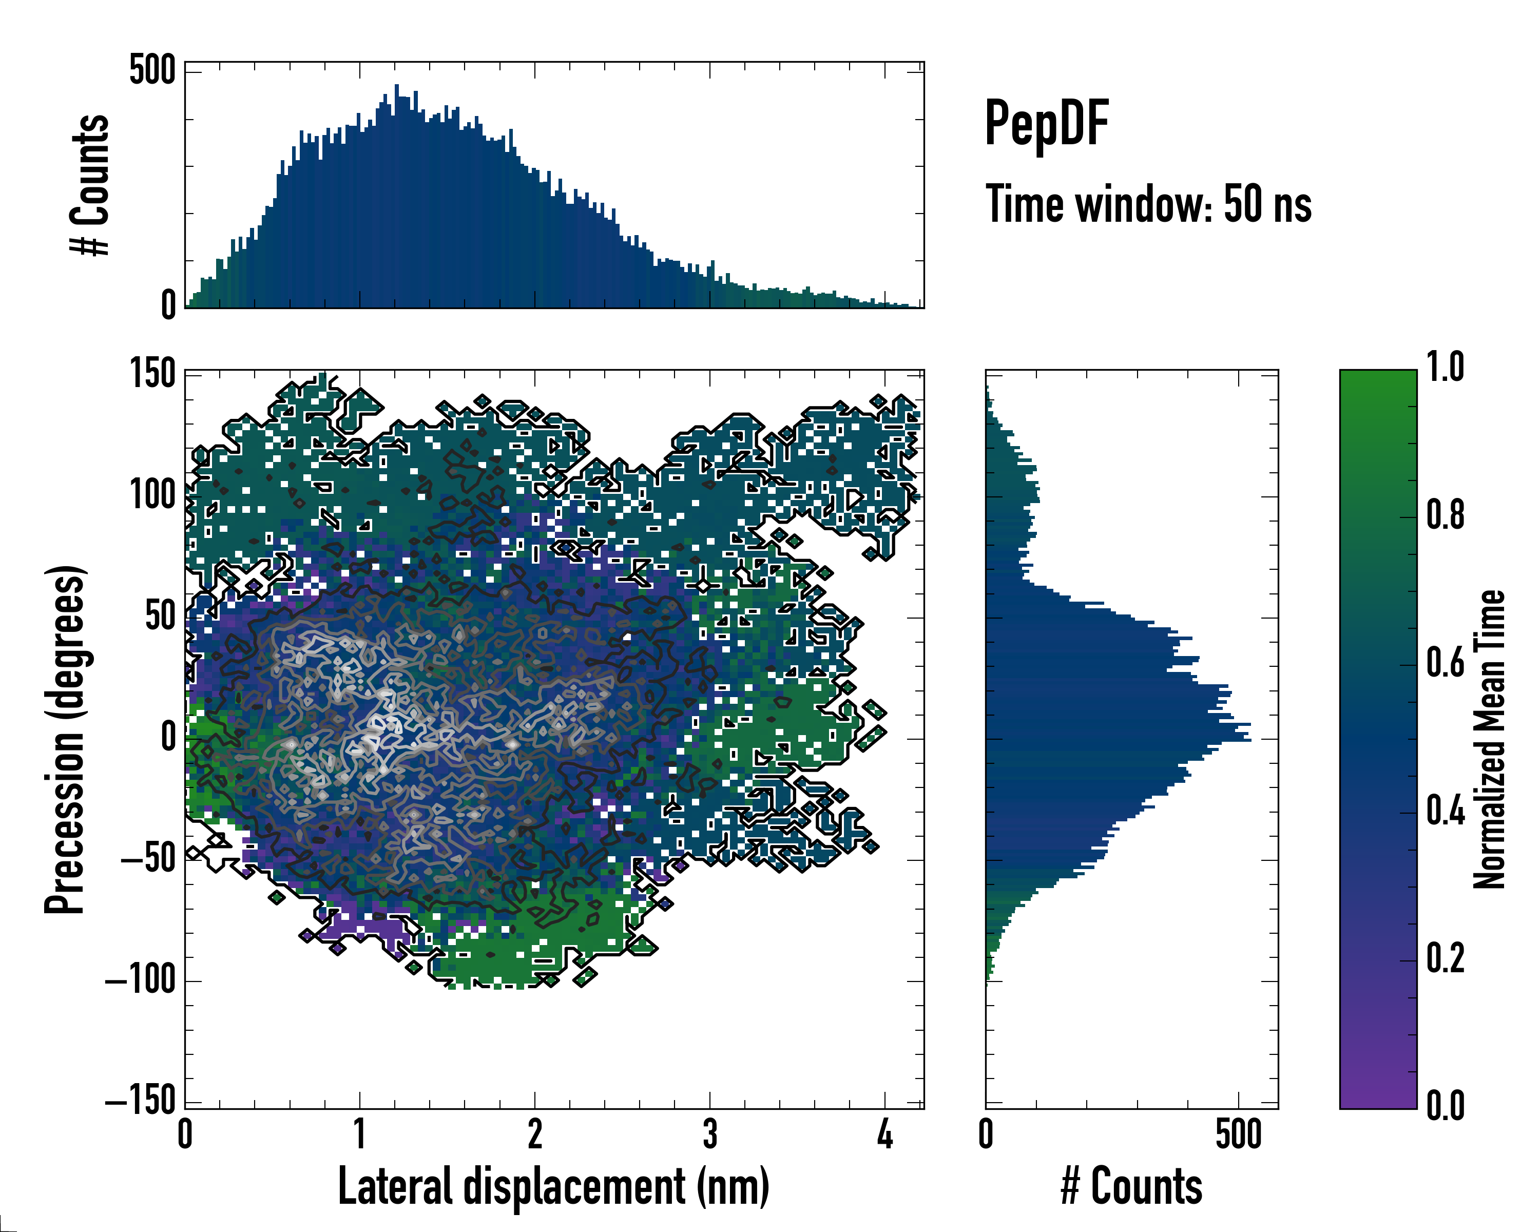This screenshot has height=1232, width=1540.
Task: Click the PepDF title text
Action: pyautogui.click(x=1046, y=124)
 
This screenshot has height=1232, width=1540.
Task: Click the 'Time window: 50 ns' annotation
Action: pyautogui.click(x=1148, y=204)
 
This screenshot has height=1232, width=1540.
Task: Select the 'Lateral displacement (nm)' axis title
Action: pyautogui.click(x=553, y=1186)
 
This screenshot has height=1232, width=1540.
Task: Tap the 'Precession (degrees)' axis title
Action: pyautogui.click(x=66, y=739)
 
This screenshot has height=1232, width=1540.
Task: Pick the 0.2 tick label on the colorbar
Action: pyautogui.click(x=1445, y=958)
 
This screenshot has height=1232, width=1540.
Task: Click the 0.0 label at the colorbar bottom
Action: pyautogui.click(x=1445, y=1106)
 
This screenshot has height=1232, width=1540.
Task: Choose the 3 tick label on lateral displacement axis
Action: pyautogui.click(x=710, y=1134)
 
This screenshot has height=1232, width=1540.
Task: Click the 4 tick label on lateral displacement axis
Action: pyautogui.click(x=885, y=1134)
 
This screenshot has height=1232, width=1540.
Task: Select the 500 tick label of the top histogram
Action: pyautogui.click(x=152, y=71)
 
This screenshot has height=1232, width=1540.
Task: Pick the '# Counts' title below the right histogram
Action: pyautogui.click(x=1131, y=1186)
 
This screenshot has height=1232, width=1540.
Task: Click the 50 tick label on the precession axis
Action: pyautogui.click(x=161, y=617)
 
